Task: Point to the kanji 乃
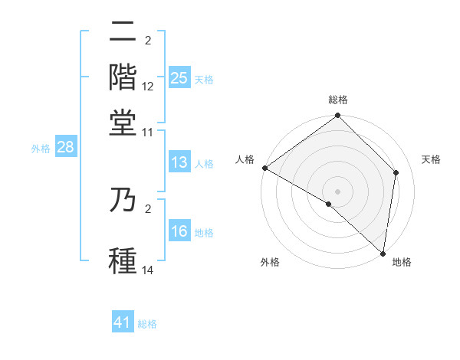tap(123, 201)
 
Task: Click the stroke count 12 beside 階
tap(148, 87)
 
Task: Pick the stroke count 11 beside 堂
tap(148, 131)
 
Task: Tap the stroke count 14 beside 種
tap(148, 269)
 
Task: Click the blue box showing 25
tap(179, 78)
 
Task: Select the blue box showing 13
tap(179, 162)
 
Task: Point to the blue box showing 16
tap(179, 232)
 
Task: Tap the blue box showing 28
tap(65, 148)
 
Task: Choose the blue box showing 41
tap(123, 322)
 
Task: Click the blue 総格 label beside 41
tap(147, 324)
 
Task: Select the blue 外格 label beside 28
tap(41, 149)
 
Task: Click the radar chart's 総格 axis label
tap(337, 100)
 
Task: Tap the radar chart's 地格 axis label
tap(402, 263)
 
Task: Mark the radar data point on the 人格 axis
tap(264, 168)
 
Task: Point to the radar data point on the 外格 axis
tap(329, 204)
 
